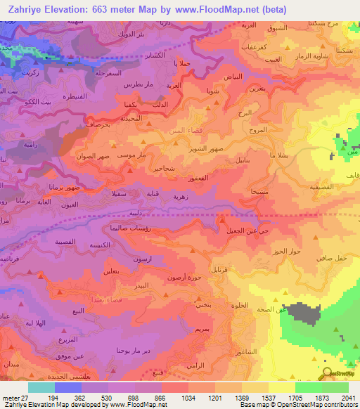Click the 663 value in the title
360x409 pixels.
point(108,10)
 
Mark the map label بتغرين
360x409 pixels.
point(257,89)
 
